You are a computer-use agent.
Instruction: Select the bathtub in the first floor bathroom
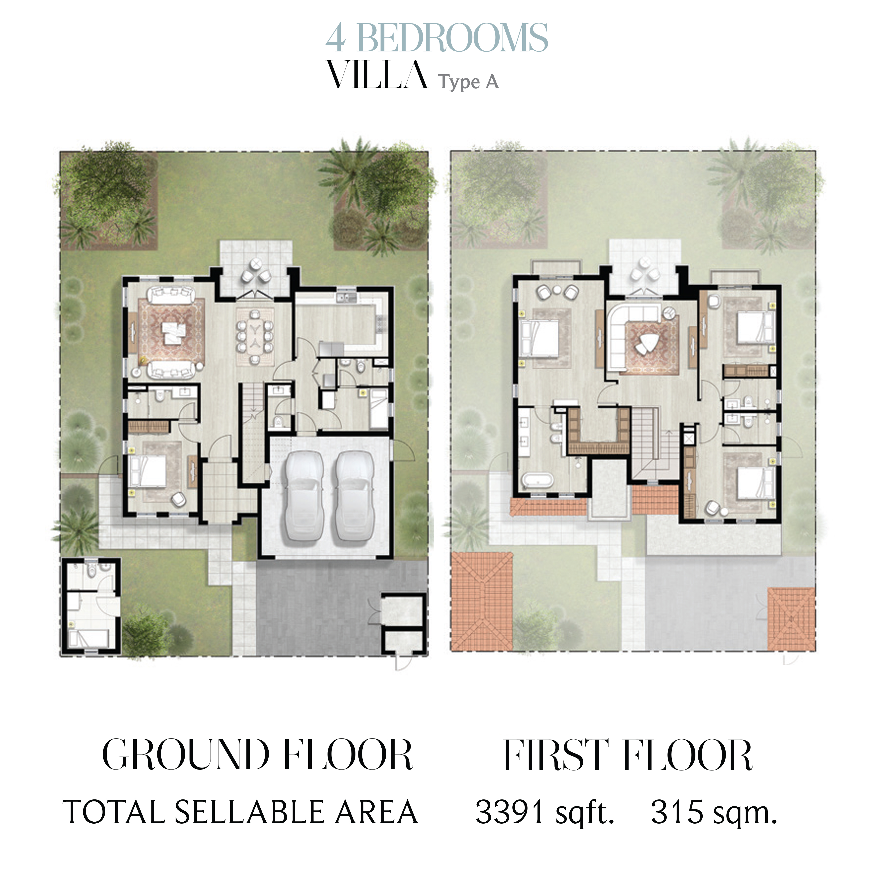(x=538, y=480)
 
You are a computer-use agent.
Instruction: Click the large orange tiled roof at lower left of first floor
(x=482, y=601)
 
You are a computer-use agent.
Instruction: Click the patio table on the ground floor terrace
(x=256, y=263)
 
